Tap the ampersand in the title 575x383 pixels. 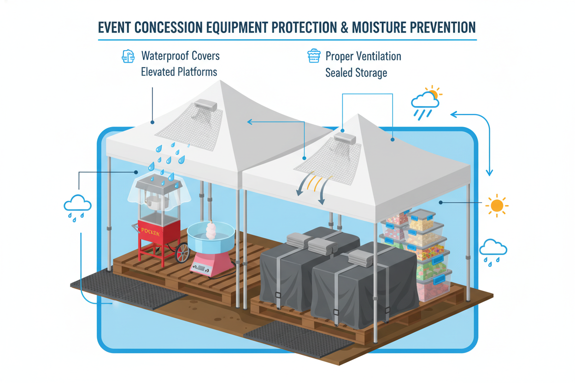[x=342, y=27]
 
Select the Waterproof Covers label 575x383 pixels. [x=180, y=56]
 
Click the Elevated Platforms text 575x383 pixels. [x=179, y=72]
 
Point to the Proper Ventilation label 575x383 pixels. [x=363, y=56]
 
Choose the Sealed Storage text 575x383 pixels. [x=356, y=73]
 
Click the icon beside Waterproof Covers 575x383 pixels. [x=128, y=56]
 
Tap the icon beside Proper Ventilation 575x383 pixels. [x=314, y=56]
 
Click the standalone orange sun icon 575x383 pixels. [x=497, y=205]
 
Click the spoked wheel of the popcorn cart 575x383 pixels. [x=183, y=253]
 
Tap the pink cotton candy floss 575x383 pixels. [x=211, y=230]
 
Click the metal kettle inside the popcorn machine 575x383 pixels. [x=153, y=201]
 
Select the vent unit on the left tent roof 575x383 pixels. [x=205, y=106]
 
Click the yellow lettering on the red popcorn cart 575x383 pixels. [x=151, y=232]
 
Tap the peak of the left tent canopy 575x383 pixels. [x=221, y=82]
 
